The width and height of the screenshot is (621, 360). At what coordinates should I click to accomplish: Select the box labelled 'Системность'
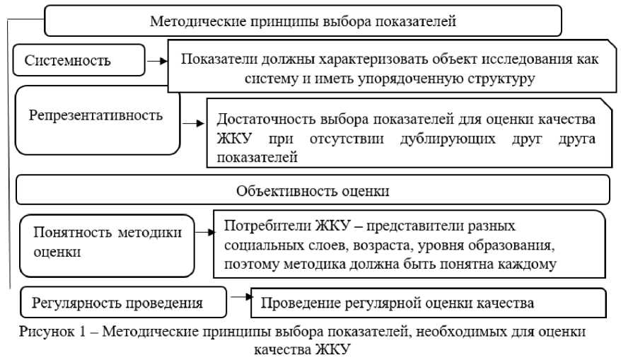[78, 60]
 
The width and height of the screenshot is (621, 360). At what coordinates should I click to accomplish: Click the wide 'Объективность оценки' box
[313, 191]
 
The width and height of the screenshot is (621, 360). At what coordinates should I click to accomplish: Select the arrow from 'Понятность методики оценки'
[205, 231]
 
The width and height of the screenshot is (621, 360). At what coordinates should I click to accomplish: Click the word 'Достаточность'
[260, 119]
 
